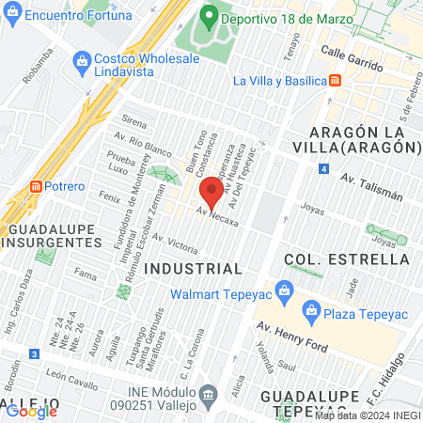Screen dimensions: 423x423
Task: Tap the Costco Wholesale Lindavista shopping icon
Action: point(80,59)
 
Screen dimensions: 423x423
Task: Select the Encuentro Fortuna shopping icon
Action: point(11,16)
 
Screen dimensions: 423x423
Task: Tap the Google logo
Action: point(31,411)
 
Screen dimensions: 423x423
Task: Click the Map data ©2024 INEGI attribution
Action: point(368,415)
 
